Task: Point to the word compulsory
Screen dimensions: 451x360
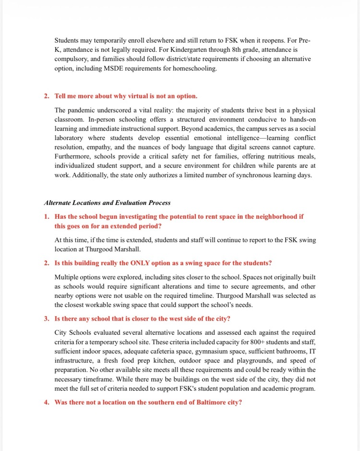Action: click(72, 59)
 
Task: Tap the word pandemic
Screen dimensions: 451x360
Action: click(83, 109)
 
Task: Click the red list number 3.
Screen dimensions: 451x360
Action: click(47, 319)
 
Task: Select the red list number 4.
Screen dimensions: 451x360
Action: click(47, 402)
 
